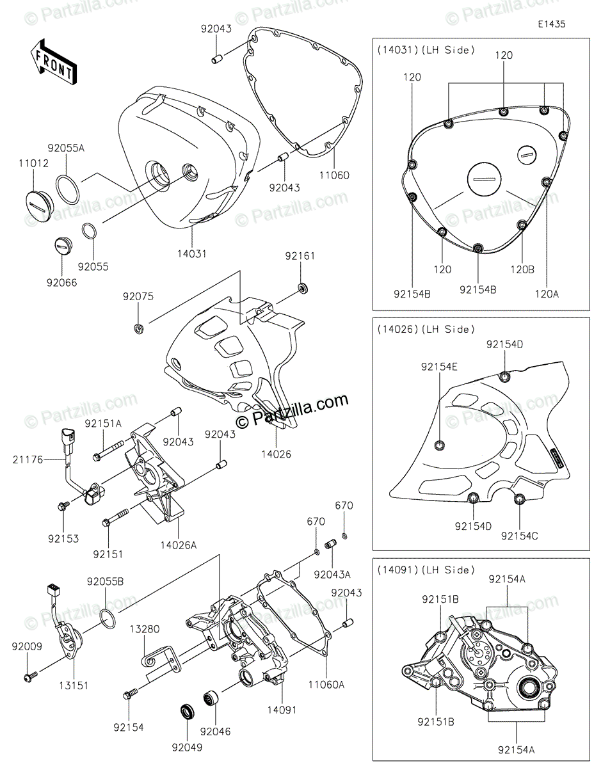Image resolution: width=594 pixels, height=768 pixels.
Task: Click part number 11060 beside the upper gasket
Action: coord(337,175)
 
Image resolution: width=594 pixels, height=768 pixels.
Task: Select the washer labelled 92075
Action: coord(138,329)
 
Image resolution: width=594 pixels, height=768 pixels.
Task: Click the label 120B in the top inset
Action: coord(522,271)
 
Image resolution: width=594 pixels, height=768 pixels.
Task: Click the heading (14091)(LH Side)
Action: coord(425,570)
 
